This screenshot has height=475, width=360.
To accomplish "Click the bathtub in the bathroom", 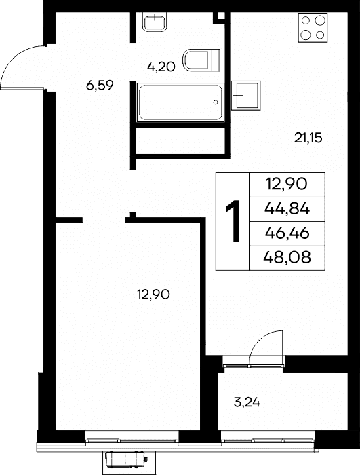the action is point(180,102).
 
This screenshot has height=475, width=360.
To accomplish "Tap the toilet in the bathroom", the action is point(201,60).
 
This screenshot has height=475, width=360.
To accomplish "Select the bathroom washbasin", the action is point(155,21).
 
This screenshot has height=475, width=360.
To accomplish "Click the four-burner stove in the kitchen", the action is point(313,28).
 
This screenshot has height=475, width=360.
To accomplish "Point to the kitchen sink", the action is point(246,96).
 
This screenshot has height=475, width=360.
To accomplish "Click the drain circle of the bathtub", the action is point(216,102).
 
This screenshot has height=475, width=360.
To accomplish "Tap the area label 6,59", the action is point(100,85).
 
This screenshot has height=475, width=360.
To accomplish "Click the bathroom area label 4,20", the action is point(161,66).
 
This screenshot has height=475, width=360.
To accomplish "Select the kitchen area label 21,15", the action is point(308,138).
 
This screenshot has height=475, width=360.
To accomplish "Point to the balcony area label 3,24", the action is point(247,402).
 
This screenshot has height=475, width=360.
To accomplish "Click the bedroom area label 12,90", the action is point(153,294).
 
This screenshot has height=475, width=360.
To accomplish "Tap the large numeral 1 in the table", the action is point(233,221).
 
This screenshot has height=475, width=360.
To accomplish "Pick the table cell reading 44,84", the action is point(287,209).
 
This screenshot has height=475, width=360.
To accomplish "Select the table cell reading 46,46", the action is point(287,233).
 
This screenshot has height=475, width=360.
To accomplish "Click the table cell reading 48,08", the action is point(287,258).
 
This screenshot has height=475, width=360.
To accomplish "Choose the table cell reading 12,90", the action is point(287,185).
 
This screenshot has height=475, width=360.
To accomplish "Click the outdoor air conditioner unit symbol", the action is point(125,460).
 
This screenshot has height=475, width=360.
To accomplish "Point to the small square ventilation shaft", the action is point(220,17).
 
